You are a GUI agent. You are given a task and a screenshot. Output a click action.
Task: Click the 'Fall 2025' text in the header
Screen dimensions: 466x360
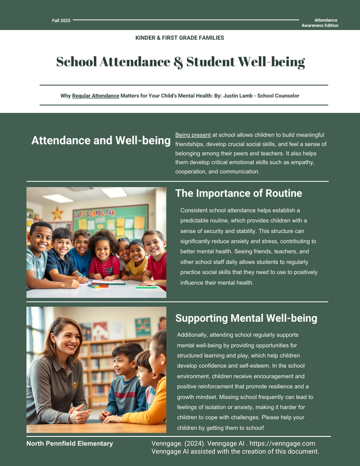[61, 20]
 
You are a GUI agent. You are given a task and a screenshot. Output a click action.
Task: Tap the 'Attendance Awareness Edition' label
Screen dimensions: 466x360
[325, 23]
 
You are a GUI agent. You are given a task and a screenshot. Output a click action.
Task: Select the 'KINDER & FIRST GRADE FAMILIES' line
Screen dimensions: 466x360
[180, 38]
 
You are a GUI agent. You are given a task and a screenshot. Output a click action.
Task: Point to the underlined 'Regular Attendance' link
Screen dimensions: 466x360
[96, 96]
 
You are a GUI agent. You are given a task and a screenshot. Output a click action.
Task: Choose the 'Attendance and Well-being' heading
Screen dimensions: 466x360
[101, 141]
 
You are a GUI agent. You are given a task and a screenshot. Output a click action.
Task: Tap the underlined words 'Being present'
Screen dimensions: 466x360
[193, 135]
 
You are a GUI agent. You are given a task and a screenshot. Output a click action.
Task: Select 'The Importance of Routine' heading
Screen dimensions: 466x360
[238, 193]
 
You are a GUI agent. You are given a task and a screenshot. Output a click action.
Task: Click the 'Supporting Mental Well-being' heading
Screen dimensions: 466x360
[246, 318]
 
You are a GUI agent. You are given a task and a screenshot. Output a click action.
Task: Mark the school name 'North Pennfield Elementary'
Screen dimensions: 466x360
[70, 443]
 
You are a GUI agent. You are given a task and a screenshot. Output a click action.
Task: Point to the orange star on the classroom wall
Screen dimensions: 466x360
[57, 213]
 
